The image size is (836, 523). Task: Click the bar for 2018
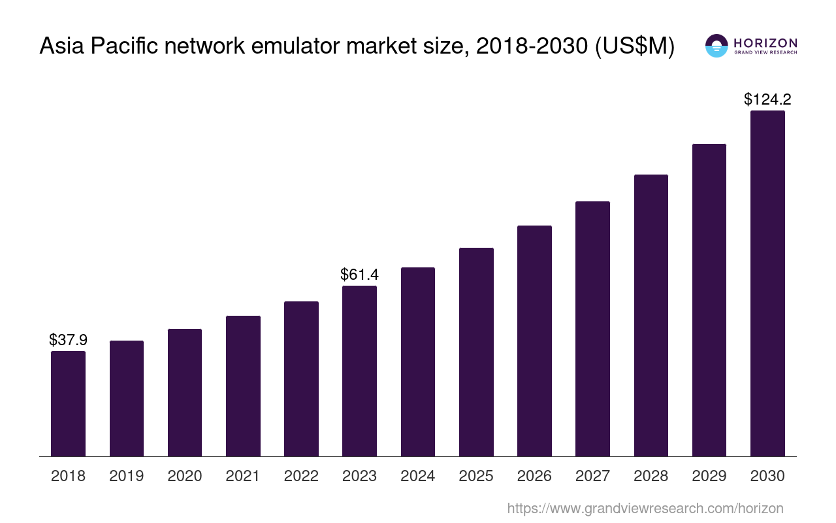(x=68, y=403)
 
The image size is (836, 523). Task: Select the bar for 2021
(x=243, y=386)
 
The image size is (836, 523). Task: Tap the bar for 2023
(x=359, y=371)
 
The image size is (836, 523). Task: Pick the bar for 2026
(x=534, y=341)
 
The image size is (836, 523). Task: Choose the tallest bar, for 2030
(x=767, y=283)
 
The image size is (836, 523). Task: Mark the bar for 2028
(x=651, y=315)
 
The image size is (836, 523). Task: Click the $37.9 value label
(x=68, y=340)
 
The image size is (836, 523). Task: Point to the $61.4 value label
(x=359, y=275)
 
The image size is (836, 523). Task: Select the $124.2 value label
(x=767, y=99)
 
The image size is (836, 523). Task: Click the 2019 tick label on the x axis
(x=126, y=476)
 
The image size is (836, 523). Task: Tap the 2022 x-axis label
(x=301, y=476)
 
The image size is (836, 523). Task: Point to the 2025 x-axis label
(x=476, y=476)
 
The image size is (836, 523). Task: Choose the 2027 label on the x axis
(x=592, y=476)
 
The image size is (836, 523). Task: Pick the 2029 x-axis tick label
(x=709, y=476)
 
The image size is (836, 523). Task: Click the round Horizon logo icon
(x=716, y=46)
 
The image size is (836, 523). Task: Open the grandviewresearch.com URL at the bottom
(x=645, y=508)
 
